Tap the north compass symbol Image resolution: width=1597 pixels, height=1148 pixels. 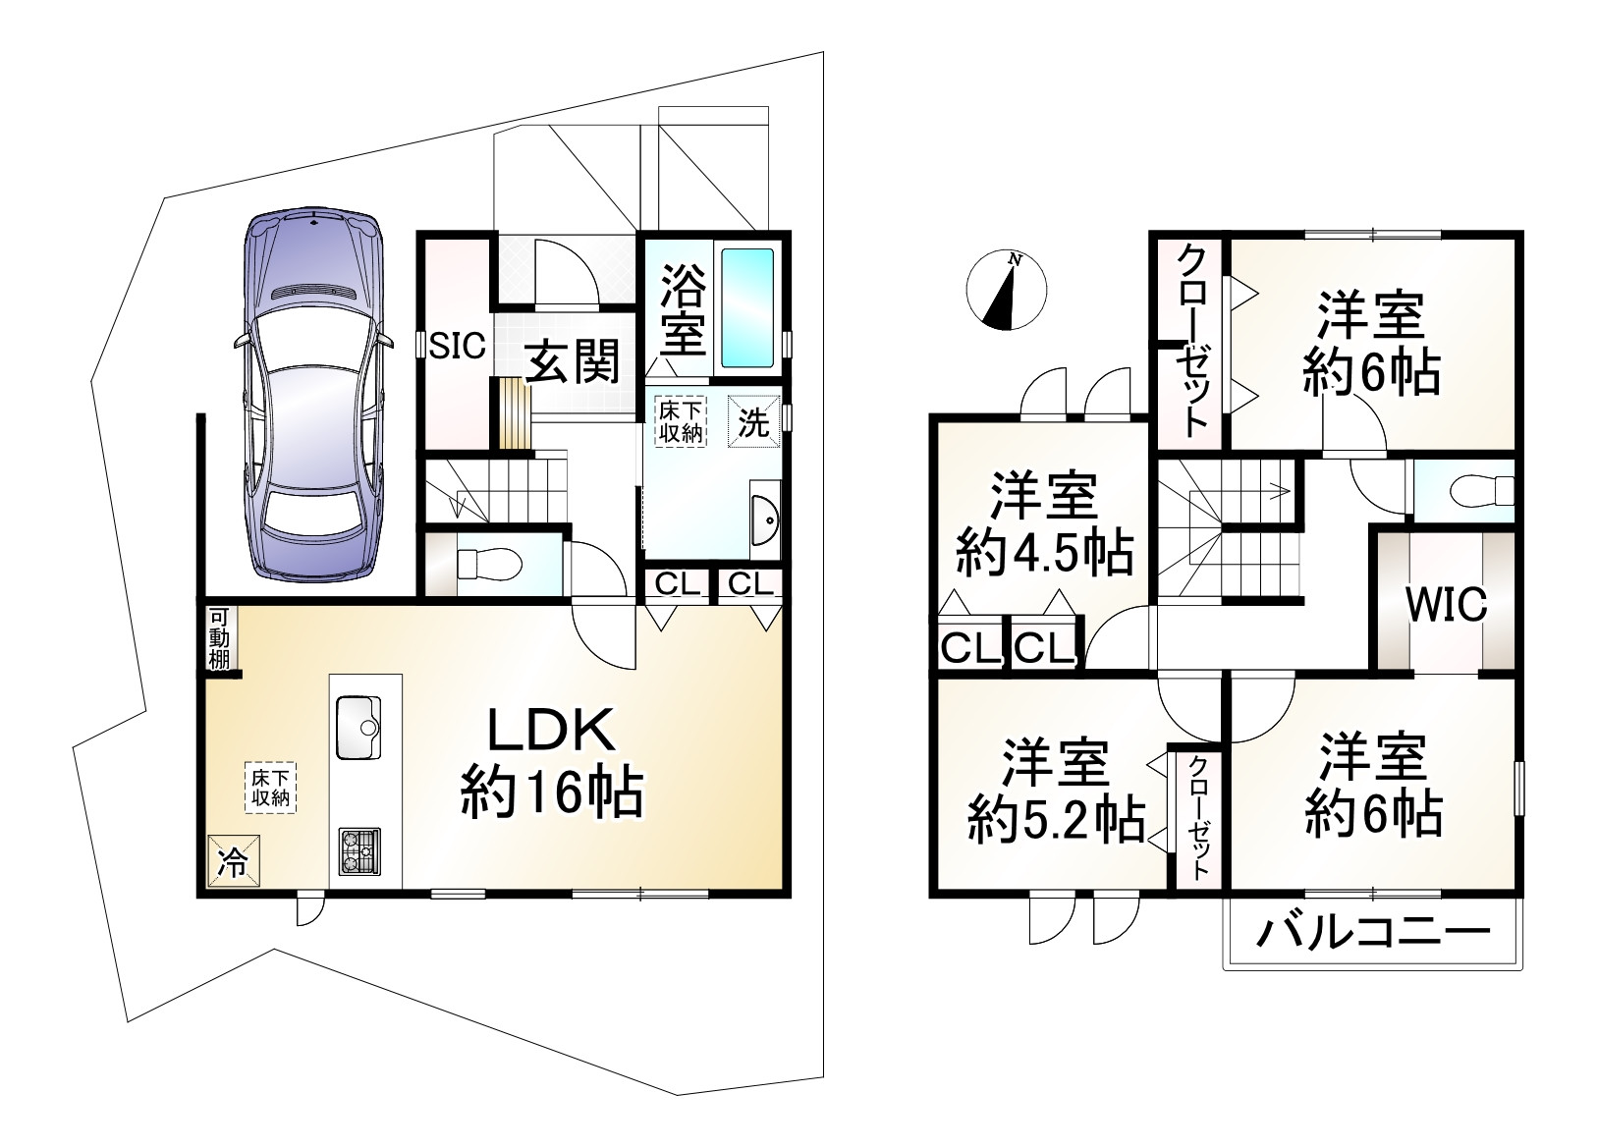pyautogui.click(x=1007, y=290)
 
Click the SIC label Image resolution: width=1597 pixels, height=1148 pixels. pyautogui.click(x=458, y=346)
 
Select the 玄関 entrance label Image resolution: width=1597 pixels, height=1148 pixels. pyautogui.click(x=574, y=363)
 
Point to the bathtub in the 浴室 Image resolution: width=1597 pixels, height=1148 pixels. pyautogui.click(x=748, y=307)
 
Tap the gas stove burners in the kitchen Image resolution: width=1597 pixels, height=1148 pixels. pyautogui.click(x=360, y=850)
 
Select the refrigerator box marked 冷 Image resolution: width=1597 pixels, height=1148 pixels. pyautogui.click(x=234, y=861)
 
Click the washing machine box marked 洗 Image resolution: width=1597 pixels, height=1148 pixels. pyautogui.click(x=754, y=422)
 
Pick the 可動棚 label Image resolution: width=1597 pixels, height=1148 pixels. pyautogui.click(x=218, y=638)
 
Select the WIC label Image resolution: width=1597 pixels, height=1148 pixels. pyautogui.click(x=1446, y=605)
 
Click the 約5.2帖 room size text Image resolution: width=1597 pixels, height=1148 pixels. pyautogui.click(x=1055, y=818)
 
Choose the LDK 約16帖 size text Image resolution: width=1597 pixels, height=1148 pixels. pyautogui.click(x=552, y=793)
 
